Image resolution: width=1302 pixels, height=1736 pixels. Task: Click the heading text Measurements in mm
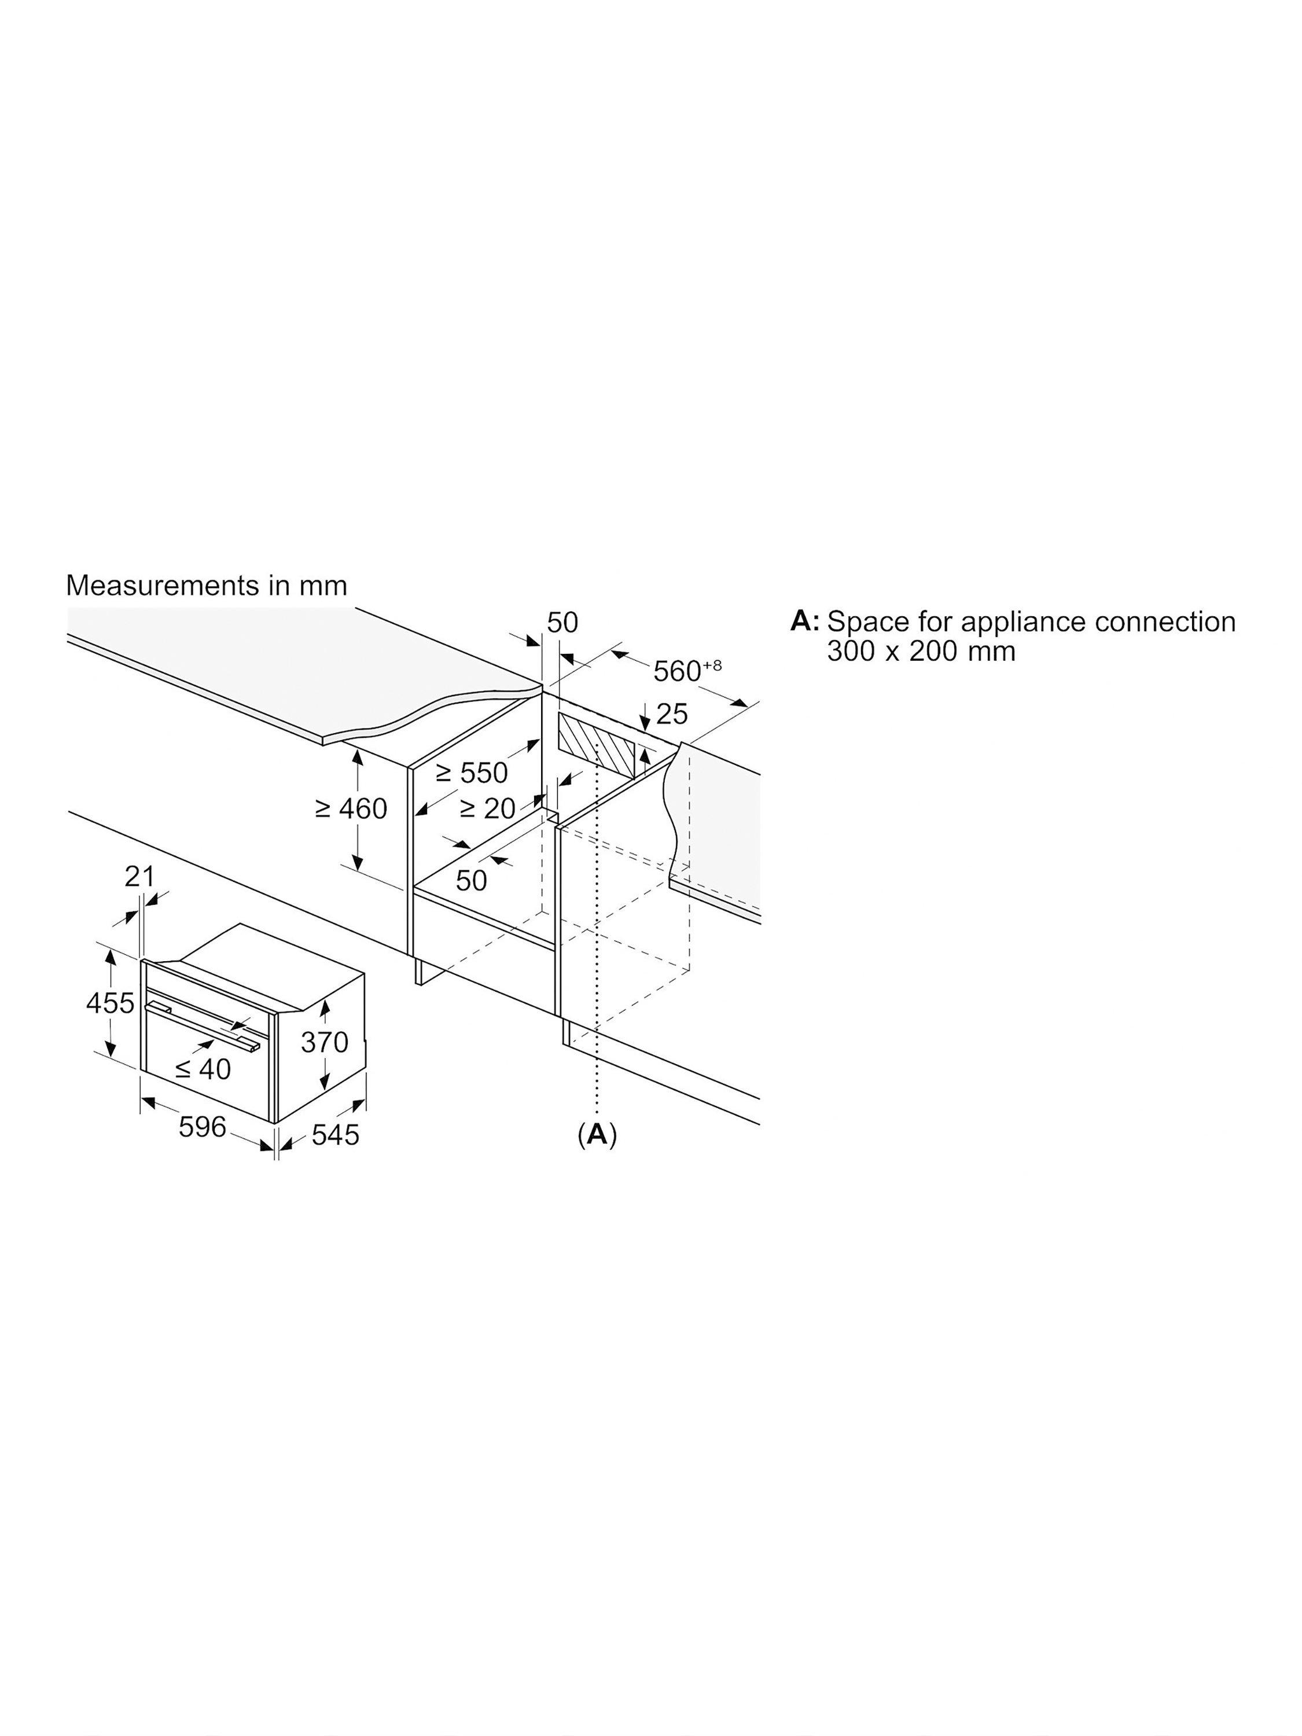pyautogui.click(x=207, y=586)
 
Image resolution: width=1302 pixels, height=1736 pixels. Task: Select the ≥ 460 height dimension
pyautogui.click(x=351, y=808)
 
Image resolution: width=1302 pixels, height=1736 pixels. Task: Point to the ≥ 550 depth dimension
pyautogui.click(x=472, y=773)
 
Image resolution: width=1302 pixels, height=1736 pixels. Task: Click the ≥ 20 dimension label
pyautogui.click(x=487, y=808)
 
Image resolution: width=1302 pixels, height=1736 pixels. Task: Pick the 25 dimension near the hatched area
pyautogui.click(x=672, y=713)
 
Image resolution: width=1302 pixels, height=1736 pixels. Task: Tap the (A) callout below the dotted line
pyautogui.click(x=597, y=1134)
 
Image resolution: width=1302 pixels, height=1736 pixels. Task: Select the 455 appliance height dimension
pyautogui.click(x=110, y=1003)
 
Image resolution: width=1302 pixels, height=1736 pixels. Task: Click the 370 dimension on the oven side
pyautogui.click(x=324, y=1042)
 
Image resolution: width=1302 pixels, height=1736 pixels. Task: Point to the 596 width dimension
pyautogui.click(x=203, y=1127)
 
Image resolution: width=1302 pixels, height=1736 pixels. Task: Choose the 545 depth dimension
pyautogui.click(x=335, y=1135)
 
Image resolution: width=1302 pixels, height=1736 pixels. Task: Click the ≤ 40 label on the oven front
pyautogui.click(x=203, y=1068)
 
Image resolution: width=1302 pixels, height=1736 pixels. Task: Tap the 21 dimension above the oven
pyautogui.click(x=139, y=877)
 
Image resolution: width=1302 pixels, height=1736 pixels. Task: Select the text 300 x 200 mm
pyautogui.click(x=921, y=650)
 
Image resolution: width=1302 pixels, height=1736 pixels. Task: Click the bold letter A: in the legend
pyautogui.click(x=804, y=621)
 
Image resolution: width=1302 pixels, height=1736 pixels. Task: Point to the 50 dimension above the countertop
pyautogui.click(x=562, y=622)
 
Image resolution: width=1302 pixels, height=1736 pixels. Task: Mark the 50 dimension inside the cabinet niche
pyautogui.click(x=471, y=881)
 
